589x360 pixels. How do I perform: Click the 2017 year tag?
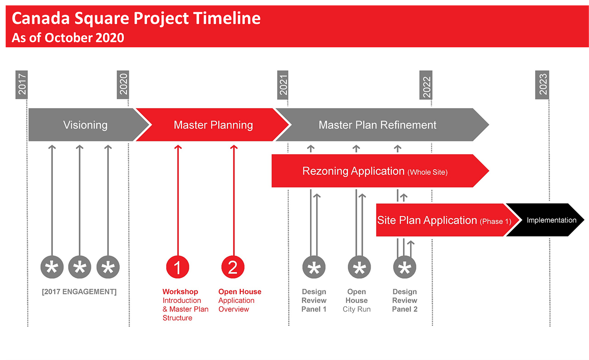point(22,85)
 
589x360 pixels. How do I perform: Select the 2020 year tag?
point(123,85)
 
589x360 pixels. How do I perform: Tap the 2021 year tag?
point(283,85)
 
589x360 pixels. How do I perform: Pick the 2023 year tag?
point(542,85)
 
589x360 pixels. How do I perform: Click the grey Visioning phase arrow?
point(85,125)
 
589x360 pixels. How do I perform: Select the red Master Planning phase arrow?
point(213,125)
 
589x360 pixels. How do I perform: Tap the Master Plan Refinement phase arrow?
point(377,125)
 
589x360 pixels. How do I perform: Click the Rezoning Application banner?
point(375,171)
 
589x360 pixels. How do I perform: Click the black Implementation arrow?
point(551,220)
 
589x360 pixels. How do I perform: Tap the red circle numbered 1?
point(178,267)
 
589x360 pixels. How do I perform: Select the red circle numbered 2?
point(233,267)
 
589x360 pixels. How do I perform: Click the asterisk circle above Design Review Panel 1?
point(314,267)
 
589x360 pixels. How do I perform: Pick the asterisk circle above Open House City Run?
point(359,267)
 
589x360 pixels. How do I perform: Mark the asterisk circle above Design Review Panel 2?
point(405,267)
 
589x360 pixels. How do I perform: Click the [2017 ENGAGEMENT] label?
point(79,292)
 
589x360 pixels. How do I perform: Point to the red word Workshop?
point(180,292)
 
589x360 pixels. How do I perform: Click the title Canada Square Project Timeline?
point(136,18)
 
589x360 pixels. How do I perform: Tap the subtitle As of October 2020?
point(68,38)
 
